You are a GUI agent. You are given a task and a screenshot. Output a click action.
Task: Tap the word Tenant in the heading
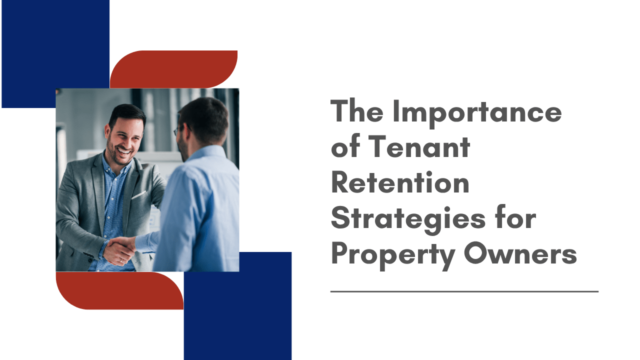419,146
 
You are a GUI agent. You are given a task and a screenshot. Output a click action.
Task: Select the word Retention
400,182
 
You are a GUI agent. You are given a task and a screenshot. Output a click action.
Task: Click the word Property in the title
393,255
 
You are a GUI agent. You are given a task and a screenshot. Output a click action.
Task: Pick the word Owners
520,253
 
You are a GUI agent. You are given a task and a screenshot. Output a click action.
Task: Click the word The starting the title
357,111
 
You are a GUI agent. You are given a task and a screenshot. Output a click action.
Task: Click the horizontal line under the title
464,291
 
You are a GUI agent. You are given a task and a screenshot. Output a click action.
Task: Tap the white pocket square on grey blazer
139,194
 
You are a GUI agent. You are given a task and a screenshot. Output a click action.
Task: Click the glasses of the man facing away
178,130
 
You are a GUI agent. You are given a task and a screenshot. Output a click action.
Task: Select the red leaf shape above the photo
173,69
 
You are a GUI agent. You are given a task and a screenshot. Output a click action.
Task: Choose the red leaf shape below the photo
119,290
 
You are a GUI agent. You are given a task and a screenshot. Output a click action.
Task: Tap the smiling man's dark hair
127,114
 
